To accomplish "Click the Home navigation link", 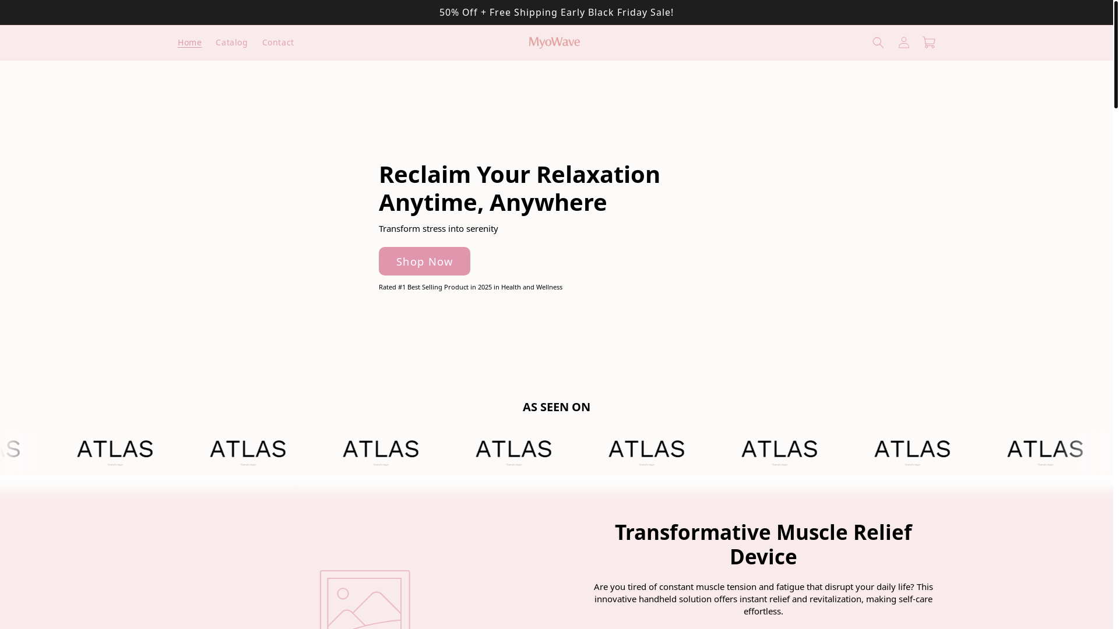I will [x=189, y=43].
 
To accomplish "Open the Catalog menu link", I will [x=231, y=43].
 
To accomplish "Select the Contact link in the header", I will [x=278, y=43].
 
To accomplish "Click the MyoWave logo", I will [x=554, y=43].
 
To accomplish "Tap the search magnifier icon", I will [x=878, y=43].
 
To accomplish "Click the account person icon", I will [x=904, y=43].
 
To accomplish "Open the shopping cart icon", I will [x=929, y=43].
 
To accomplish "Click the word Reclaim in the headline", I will [x=424, y=175].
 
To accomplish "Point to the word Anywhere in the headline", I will [x=548, y=203].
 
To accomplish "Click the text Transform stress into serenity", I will [x=438, y=229].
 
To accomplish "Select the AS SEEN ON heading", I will [x=556, y=407].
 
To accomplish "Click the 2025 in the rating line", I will [x=484, y=287].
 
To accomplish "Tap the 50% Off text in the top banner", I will [x=458, y=12].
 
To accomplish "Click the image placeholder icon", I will [x=365, y=600].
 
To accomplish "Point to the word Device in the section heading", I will [x=763, y=557].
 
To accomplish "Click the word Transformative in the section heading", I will [x=692, y=532].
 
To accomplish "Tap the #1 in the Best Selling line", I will [x=402, y=287].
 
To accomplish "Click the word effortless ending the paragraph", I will [x=762, y=612].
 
